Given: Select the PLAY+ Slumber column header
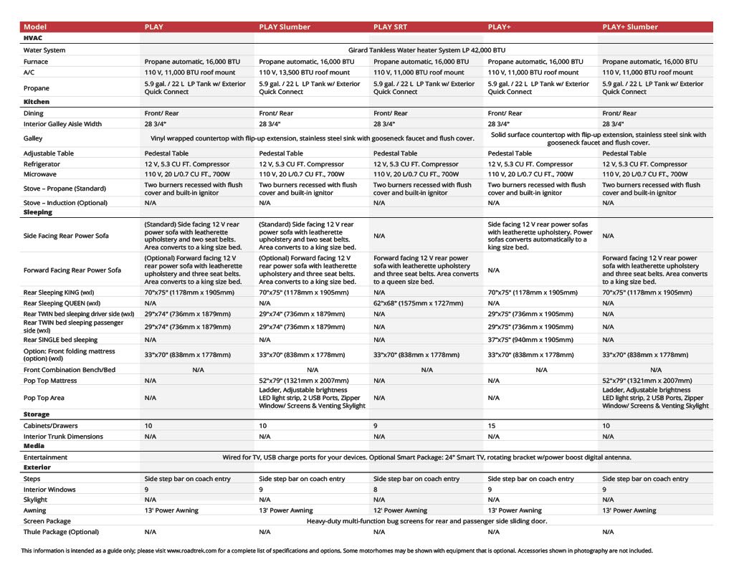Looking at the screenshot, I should point(630,27).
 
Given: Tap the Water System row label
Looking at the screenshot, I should point(44,50).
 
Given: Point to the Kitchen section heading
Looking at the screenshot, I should point(37,102).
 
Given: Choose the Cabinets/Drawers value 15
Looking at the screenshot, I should point(492,426).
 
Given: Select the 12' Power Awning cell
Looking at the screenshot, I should point(400,510).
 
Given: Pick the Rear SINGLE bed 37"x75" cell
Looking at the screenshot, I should point(531,340).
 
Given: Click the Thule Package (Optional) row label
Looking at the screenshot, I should point(61,532).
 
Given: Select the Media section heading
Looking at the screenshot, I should point(34,446).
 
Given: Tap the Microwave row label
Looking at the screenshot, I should point(41,174).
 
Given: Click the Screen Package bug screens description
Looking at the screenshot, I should point(426,521).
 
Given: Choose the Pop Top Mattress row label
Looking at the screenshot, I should point(49,381).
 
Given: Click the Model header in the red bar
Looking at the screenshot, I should point(35,27).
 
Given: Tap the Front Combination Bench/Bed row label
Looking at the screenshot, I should point(69,370).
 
